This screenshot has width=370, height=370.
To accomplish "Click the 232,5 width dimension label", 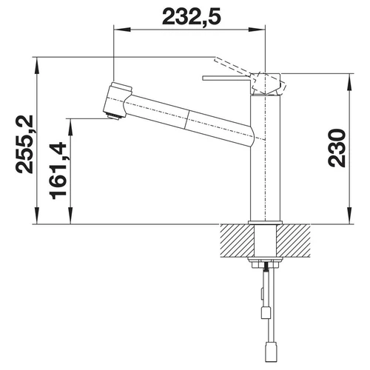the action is [x=192, y=17].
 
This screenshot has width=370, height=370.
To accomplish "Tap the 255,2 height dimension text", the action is [x=24, y=144].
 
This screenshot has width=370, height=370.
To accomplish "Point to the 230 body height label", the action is [x=337, y=148].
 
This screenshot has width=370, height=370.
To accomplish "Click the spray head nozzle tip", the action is [x=114, y=116].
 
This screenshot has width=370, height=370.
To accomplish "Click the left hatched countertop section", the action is [x=237, y=240].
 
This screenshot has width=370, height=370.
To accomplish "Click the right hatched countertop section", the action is [x=294, y=240].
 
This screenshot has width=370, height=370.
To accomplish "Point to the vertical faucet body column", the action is [x=265, y=158].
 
